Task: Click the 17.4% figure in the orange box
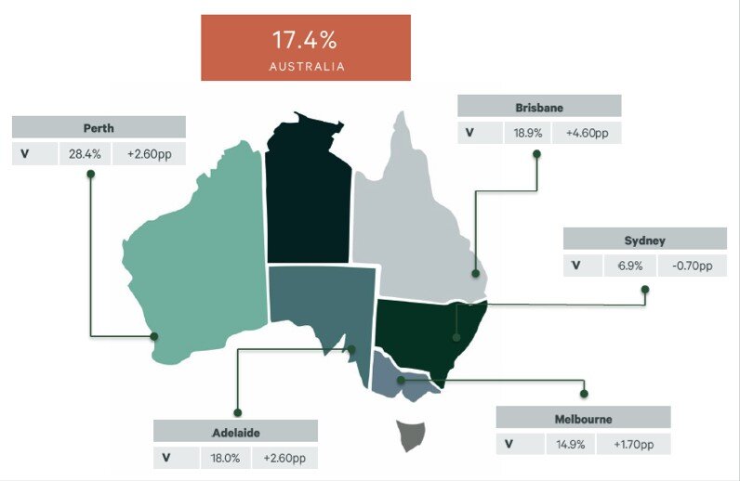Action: pyautogui.click(x=305, y=40)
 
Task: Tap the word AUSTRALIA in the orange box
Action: pyautogui.click(x=307, y=67)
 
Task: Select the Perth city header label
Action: pyautogui.click(x=98, y=127)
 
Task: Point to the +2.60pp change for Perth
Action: pyautogui.click(x=149, y=153)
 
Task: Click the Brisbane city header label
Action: pyautogui.click(x=539, y=107)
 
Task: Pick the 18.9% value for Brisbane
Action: pyautogui.click(x=528, y=133)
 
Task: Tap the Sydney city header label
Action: pyautogui.click(x=644, y=240)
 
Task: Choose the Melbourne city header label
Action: pyautogui.click(x=582, y=418)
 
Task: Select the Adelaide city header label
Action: pyautogui.click(x=236, y=432)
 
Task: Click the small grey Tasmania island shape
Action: pyautogui.click(x=411, y=435)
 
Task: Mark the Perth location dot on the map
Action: pyautogui.click(x=154, y=336)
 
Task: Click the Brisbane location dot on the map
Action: pyautogui.click(x=475, y=274)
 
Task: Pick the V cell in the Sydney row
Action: pyautogui.click(x=576, y=266)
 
